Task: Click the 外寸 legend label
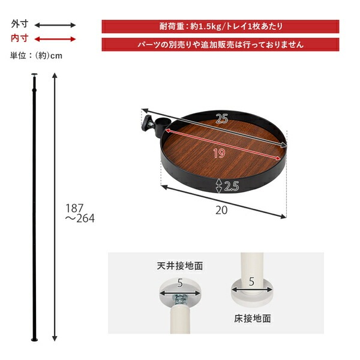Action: (x=19, y=25)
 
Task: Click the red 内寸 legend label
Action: (x=19, y=38)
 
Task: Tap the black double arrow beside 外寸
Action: (x=55, y=25)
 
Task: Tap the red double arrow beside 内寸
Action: (x=55, y=39)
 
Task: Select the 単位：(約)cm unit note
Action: (x=36, y=56)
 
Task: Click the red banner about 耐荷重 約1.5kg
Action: (x=220, y=26)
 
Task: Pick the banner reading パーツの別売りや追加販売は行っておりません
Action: (x=220, y=44)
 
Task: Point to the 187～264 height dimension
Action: (x=80, y=212)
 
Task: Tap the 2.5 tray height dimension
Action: (x=230, y=187)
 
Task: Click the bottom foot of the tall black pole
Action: (x=34, y=340)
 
